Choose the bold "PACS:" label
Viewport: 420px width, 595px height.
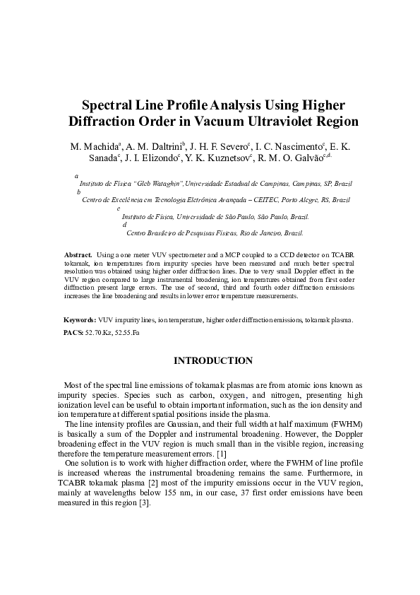tap(73, 331)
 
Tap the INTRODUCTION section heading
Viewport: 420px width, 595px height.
tap(210, 361)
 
